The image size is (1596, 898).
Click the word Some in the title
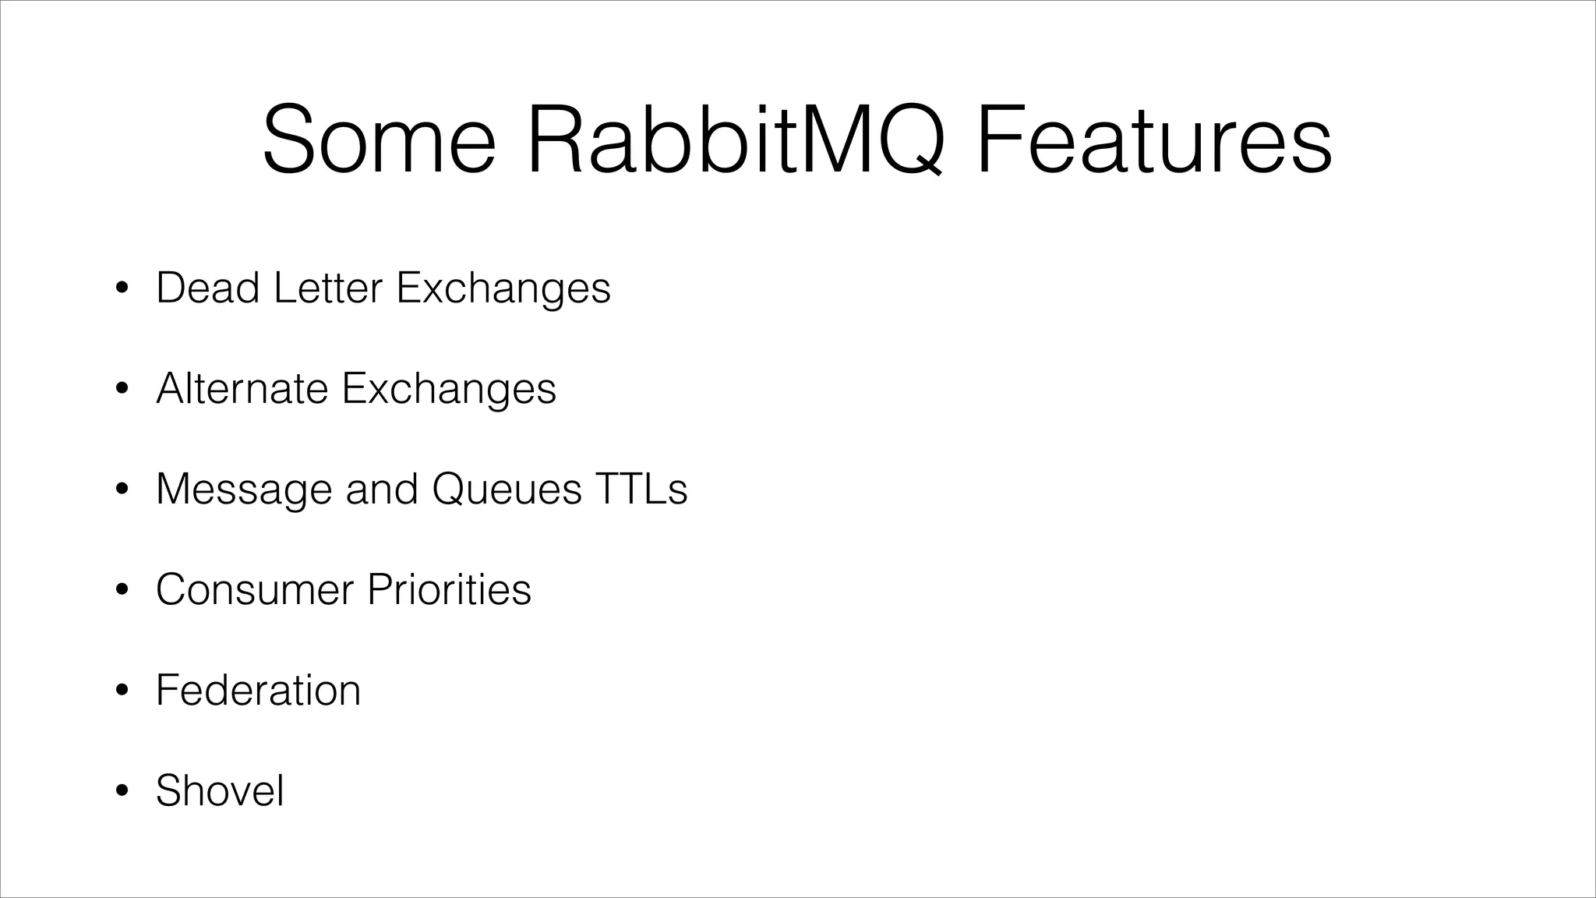click(380, 141)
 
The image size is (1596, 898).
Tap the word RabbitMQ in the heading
click(736, 141)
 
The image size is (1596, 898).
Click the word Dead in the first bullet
click(207, 288)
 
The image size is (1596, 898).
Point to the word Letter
click(328, 288)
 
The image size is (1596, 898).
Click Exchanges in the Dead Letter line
click(503, 289)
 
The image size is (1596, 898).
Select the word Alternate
click(242, 388)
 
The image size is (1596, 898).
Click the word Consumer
click(255, 589)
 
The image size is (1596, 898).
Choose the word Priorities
click(450, 589)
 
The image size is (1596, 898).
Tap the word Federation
click(258, 690)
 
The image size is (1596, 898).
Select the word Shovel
click(220, 790)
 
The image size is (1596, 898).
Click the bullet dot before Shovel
click(121, 793)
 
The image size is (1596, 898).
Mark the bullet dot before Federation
click(121, 692)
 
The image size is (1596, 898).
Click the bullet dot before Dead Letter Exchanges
click(121, 290)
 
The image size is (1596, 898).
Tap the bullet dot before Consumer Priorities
click(121, 592)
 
